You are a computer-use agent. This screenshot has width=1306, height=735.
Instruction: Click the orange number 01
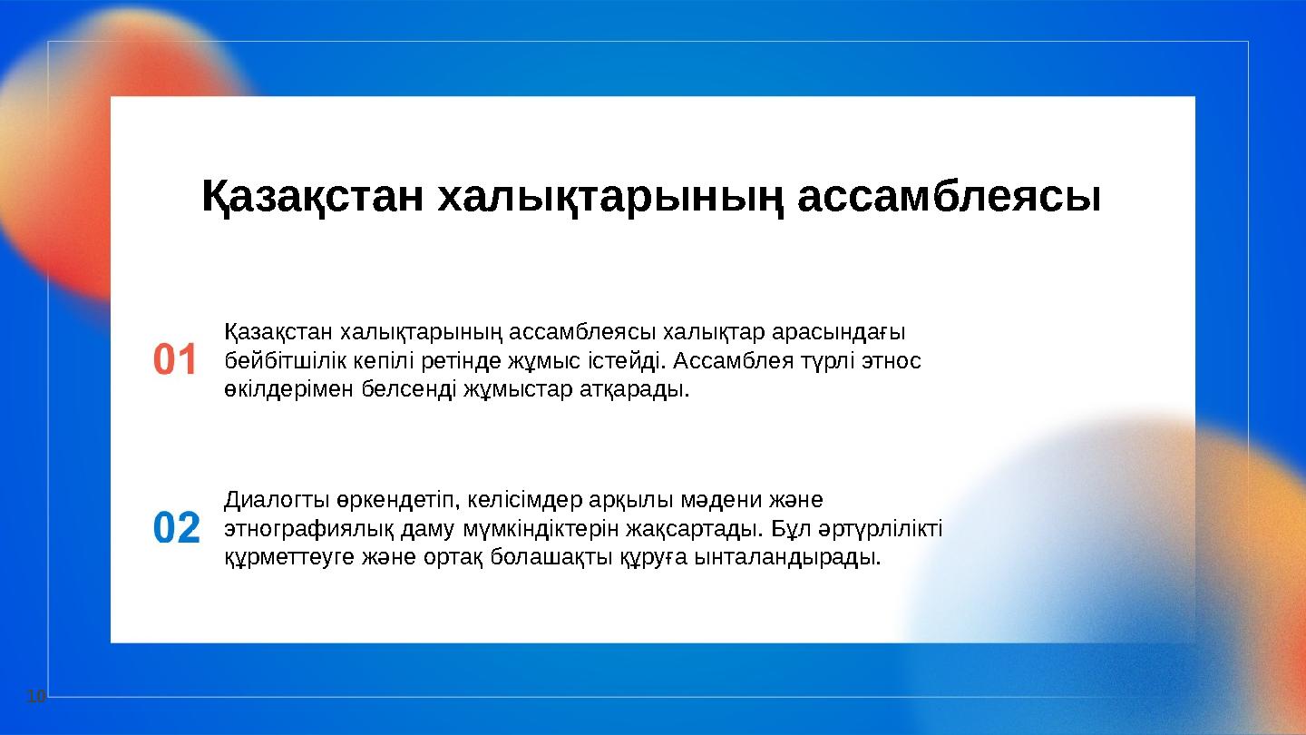174,360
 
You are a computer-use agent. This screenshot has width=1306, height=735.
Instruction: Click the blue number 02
176,528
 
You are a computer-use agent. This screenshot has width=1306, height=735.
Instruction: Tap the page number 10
35,697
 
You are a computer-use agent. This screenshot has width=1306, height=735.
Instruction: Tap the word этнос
893,361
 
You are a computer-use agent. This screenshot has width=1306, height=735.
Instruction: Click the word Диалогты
266,500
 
